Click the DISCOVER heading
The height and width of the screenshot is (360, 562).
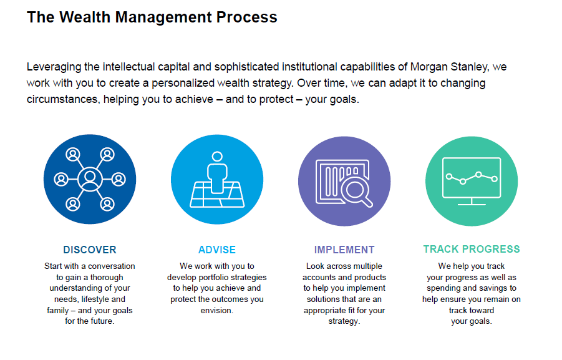click(x=90, y=250)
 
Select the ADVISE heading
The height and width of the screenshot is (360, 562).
click(x=217, y=250)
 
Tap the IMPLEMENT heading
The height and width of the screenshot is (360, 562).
click(x=344, y=250)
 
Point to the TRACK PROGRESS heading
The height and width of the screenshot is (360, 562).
click(x=472, y=249)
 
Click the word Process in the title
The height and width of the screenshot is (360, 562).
click(x=246, y=17)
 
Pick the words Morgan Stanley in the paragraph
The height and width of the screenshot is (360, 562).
click(x=449, y=67)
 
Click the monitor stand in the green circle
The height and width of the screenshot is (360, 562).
click(x=472, y=202)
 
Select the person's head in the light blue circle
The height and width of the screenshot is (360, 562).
click(x=217, y=157)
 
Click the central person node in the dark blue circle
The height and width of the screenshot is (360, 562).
click(x=90, y=178)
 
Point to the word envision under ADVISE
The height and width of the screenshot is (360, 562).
click(x=216, y=311)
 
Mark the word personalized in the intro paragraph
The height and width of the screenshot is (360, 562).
click(x=183, y=83)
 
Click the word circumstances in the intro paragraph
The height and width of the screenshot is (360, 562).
click(x=63, y=99)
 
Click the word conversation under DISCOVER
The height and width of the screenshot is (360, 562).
click(x=112, y=266)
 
